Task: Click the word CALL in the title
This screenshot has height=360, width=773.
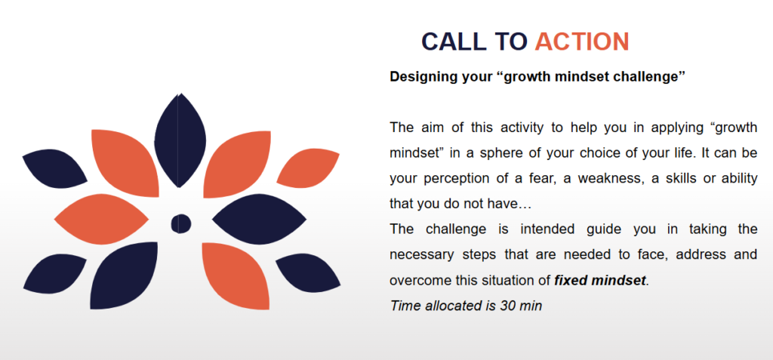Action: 454,42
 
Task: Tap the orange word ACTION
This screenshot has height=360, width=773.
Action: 582,42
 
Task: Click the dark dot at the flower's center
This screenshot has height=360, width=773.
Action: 181,224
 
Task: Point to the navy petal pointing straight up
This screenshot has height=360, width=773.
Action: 180,140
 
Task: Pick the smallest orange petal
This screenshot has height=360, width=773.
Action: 308,168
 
